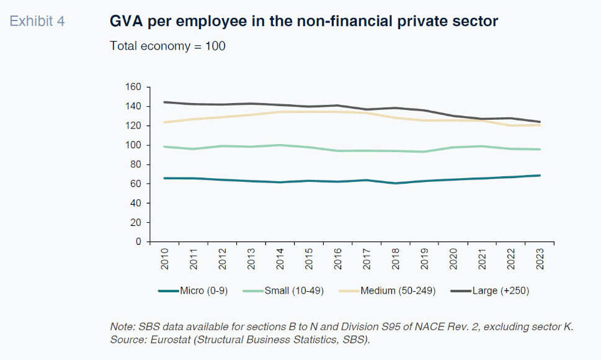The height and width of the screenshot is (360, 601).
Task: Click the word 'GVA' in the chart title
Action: pyautogui.click(x=125, y=22)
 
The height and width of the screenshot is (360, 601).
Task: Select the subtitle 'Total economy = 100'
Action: pyautogui.click(x=167, y=46)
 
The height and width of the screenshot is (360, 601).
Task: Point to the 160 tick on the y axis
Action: pyautogui.click(x=133, y=87)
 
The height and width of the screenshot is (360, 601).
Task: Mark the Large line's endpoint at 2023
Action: pyautogui.click(x=540, y=122)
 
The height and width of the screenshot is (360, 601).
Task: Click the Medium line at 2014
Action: pyautogui.click(x=280, y=112)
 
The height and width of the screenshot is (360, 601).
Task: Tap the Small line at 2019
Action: pyautogui.click(x=424, y=151)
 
